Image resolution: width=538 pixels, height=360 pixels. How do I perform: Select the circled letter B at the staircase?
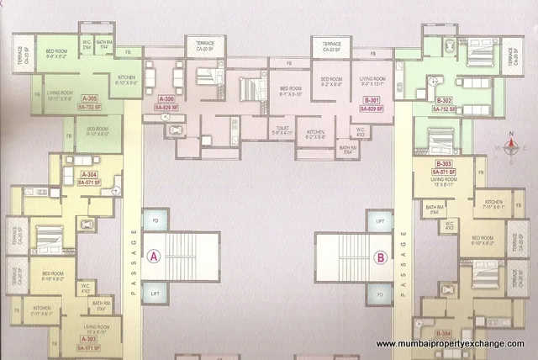(381, 257)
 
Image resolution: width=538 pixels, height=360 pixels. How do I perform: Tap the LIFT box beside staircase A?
(154, 292)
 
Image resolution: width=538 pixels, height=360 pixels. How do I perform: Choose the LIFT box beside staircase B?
(380, 222)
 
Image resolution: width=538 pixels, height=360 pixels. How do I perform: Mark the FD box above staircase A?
(154, 222)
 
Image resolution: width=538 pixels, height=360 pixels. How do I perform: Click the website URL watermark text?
(450, 344)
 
